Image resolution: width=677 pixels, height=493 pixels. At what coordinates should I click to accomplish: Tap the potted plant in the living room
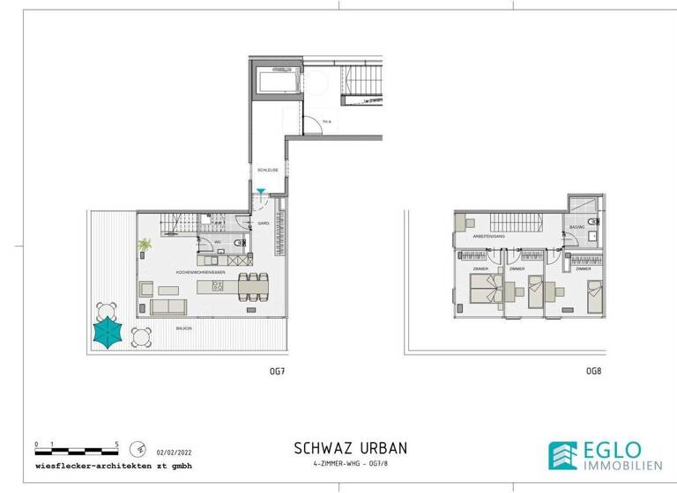(x=145, y=245)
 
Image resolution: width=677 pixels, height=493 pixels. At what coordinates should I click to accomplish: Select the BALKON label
(x=184, y=327)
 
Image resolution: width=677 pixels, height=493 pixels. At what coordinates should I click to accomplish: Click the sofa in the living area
(x=167, y=306)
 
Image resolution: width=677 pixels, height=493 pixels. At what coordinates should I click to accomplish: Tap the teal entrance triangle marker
(x=261, y=191)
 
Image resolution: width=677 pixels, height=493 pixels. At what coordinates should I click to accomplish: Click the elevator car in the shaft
(x=275, y=85)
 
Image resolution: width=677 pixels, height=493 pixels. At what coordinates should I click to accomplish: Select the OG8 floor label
(x=593, y=372)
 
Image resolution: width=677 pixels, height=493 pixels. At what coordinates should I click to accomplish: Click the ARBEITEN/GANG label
(x=487, y=235)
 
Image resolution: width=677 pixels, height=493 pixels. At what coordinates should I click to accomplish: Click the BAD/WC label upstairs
(x=578, y=227)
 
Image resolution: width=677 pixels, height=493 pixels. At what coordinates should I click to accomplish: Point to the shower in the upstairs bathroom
(x=581, y=204)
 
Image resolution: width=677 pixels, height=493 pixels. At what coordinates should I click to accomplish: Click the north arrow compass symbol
(x=137, y=448)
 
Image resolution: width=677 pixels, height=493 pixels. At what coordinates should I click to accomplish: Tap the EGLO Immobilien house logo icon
(x=564, y=454)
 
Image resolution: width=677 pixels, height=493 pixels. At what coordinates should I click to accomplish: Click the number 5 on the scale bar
(x=117, y=443)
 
